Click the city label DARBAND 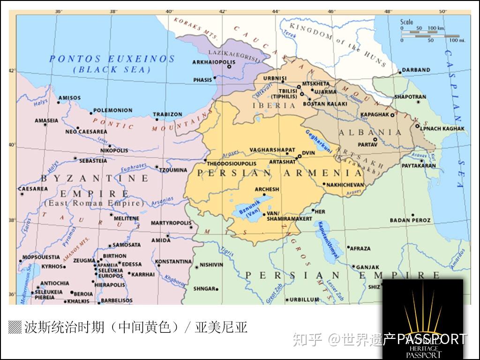(416, 70)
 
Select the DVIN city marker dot (300, 156)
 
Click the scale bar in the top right (429, 33)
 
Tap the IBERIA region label (274, 105)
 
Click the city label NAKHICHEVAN (345, 185)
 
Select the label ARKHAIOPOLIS (210, 62)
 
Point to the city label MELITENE (127, 218)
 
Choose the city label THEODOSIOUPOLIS (232, 164)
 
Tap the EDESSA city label (131, 264)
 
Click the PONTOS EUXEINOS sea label (112, 59)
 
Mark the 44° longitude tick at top (276, 11)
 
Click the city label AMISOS (69, 98)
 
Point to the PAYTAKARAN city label (419, 165)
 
